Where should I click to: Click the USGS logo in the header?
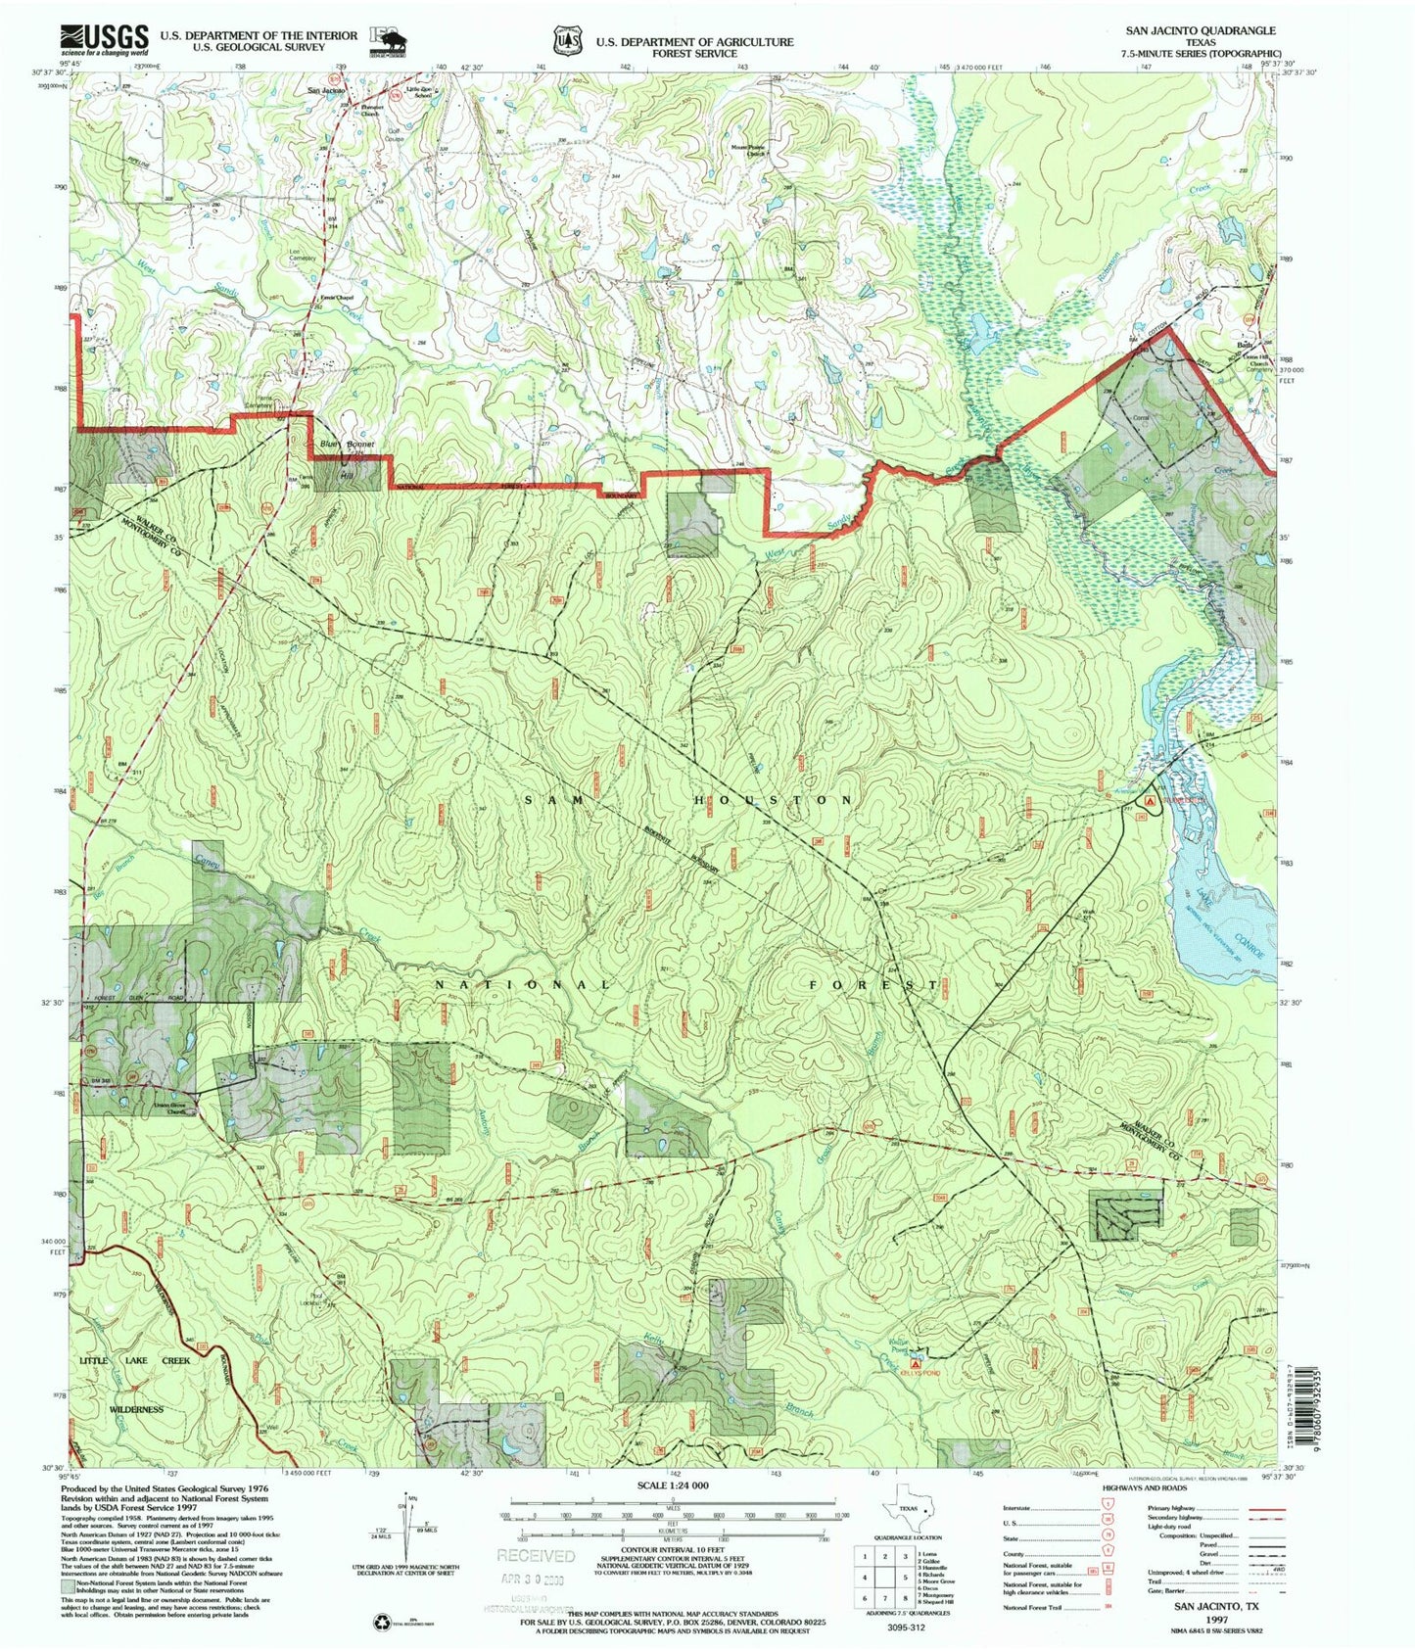coord(104,40)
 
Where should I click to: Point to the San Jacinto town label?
coord(327,91)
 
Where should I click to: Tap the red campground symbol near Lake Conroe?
coord(1151,800)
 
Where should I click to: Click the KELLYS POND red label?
coord(920,1373)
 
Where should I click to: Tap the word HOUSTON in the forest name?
coord(774,800)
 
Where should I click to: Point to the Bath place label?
coord(1245,346)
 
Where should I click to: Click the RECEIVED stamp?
coord(536,1556)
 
